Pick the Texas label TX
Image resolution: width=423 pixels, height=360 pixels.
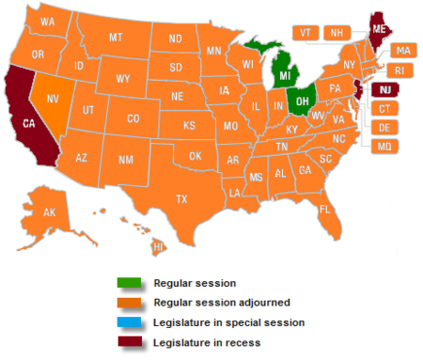(181, 198)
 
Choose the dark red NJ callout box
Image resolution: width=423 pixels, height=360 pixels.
(385, 89)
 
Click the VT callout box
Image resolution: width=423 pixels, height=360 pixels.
(305, 32)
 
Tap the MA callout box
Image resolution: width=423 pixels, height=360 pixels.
(402, 50)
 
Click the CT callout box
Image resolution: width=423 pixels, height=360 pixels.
(384, 109)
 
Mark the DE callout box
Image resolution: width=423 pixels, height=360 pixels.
(384, 128)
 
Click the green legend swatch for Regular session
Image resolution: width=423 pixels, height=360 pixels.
(130, 282)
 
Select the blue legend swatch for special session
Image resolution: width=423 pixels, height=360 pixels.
(130, 321)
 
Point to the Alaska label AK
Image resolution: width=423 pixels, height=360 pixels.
(50, 213)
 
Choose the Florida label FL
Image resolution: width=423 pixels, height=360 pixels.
(324, 208)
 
